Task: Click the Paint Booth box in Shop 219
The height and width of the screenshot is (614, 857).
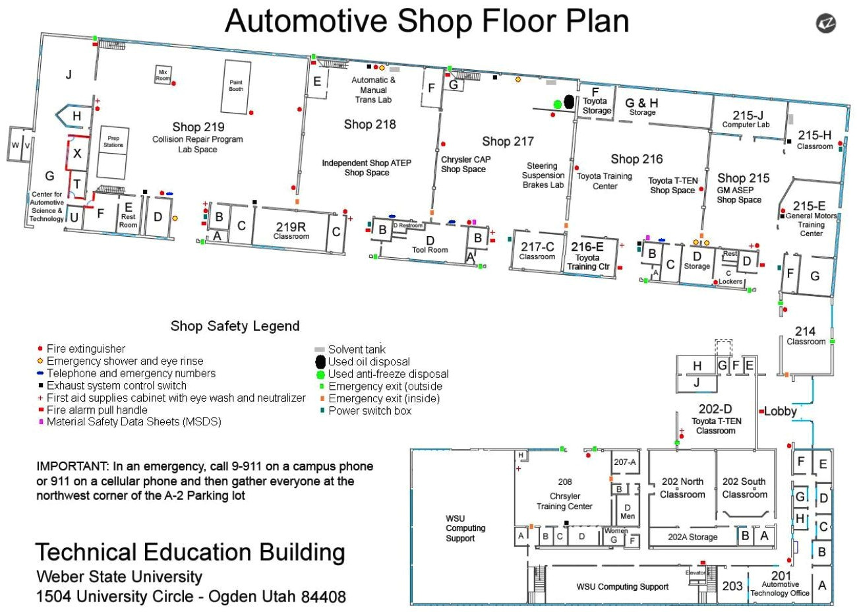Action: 236,86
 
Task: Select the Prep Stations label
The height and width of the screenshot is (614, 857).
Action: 113,142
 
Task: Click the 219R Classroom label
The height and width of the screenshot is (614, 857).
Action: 291,230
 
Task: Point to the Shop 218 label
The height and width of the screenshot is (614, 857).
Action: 370,124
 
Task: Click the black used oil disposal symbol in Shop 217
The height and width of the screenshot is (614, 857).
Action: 569,101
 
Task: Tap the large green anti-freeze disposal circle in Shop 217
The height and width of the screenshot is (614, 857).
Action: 557,104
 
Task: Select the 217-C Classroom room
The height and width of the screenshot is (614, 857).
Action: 537,251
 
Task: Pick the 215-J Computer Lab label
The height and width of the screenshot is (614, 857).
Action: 746,119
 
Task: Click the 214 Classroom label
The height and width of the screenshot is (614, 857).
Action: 806,335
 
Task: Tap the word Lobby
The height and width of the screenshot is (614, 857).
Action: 781,411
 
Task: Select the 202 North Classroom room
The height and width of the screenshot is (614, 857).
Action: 682,487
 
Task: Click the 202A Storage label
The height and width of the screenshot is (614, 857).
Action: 692,537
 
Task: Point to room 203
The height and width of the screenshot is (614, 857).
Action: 732,586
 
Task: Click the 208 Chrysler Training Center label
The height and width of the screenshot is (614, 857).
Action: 565,494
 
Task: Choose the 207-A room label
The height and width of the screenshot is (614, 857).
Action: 625,462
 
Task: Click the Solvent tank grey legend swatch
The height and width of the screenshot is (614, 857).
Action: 320,350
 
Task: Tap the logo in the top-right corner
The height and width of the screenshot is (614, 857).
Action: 826,22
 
